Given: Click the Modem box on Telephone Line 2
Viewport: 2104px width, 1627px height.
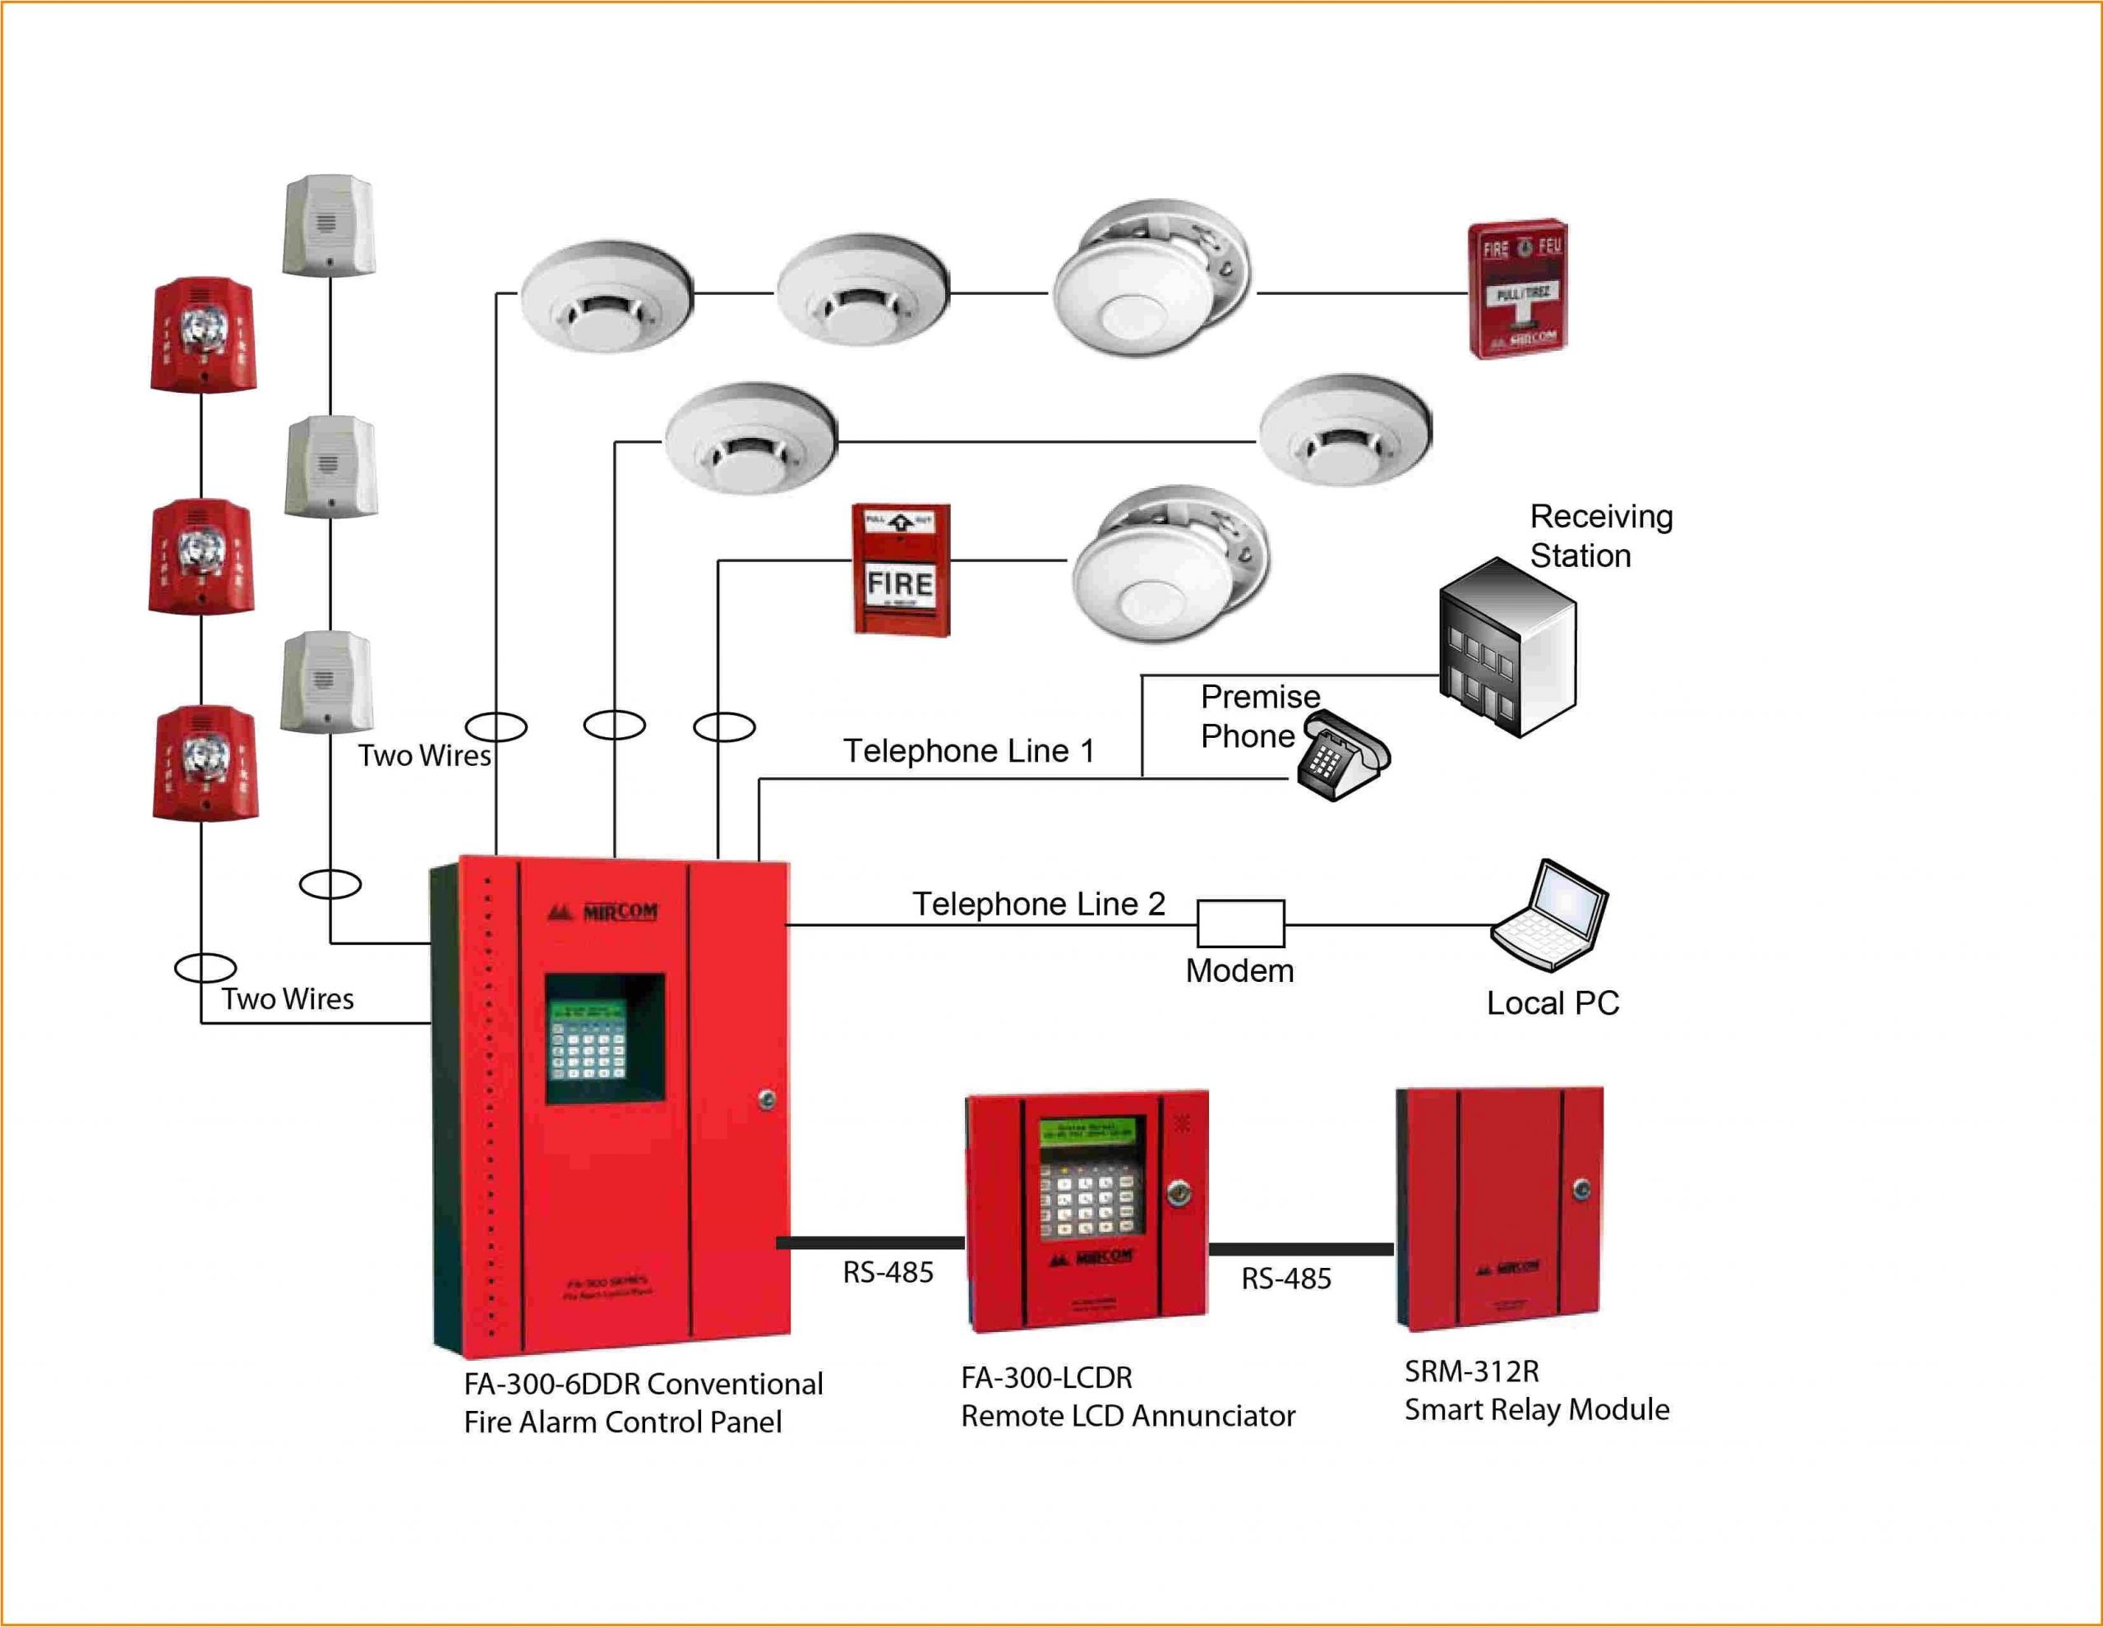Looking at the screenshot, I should pyautogui.click(x=1240, y=924).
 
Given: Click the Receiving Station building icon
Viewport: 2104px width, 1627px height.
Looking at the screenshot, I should pyautogui.click(x=1506, y=648).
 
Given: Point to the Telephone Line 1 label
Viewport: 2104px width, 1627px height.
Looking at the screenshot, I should pyautogui.click(x=969, y=750).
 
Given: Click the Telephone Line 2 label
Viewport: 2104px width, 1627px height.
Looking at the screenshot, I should pyautogui.click(x=1039, y=904).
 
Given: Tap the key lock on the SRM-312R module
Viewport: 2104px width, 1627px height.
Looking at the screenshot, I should pyautogui.click(x=1581, y=1191).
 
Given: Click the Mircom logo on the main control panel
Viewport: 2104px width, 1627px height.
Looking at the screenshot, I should pyautogui.click(x=603, y=911).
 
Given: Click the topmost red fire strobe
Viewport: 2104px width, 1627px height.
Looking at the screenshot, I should pyautogui.click(x=202, y=335).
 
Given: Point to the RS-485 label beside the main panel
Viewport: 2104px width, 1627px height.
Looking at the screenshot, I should pyautogui.click(x=888, y=1273).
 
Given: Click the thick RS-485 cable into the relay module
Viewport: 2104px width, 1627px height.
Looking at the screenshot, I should pyautogui.click(x=1300, y=1249).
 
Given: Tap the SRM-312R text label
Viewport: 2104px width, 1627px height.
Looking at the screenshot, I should pyautogui.click(x=1471, y=1371).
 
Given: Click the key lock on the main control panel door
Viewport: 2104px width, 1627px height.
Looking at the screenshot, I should pyautogui.click(x=767, y=1099).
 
